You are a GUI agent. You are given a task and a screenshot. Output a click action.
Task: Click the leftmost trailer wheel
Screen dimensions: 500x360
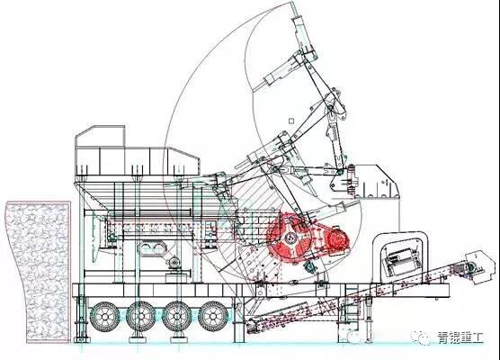(x=105, y=316)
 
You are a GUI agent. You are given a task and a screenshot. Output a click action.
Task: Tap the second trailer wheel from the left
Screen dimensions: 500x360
(x=141, y=316)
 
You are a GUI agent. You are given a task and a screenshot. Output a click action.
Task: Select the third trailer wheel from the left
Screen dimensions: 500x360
(x=177, y=316)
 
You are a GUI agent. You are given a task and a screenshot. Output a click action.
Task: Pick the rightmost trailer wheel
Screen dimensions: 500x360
(x=213, y=316)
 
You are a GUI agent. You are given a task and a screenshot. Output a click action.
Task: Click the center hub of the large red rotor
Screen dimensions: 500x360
(x=290, y=238)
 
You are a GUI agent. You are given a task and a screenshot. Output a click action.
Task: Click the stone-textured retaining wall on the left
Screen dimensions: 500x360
(x=38, y=271)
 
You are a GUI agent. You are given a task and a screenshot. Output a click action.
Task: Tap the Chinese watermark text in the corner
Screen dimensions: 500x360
(x=460, y=337)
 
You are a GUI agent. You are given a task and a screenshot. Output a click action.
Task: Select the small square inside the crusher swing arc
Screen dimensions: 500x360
(x=290, y=121)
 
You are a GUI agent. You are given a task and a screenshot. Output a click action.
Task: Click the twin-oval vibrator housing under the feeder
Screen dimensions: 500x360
(x=151, y=248)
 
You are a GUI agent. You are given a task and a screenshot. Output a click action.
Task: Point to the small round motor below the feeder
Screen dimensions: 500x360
(x=174, y=263)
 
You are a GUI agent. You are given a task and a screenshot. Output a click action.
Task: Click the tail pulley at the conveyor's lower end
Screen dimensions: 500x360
(x=251, y=325)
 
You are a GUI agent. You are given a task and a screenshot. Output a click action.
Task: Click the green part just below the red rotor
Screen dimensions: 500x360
(x=310, y=266)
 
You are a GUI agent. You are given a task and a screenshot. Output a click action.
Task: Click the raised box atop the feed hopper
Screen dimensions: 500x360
(x=100, y=137)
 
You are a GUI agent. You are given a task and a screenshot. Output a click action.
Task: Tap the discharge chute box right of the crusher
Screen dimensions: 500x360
(x=377, y=182)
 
